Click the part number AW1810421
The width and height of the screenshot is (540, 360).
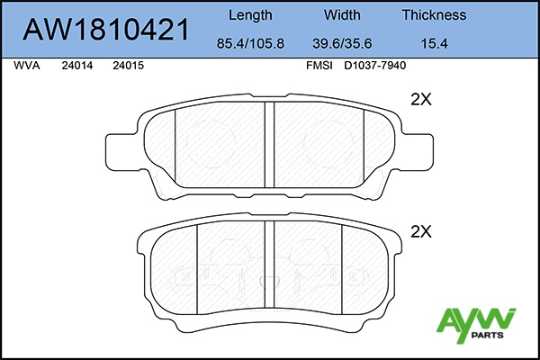[106, 30]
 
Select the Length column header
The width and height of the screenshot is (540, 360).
[250, 15]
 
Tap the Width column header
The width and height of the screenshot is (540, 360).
[342, 14]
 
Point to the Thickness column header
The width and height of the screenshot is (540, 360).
[434, 14]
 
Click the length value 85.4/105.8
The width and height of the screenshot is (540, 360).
[250, 43]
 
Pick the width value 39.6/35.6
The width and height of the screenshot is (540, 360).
[342, 43]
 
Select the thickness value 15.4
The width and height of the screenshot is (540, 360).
[435, 43]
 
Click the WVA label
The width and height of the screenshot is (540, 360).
[27, 66]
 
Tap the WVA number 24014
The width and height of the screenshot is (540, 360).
[77, 66]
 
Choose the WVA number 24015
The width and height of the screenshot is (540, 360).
[128, 66]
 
